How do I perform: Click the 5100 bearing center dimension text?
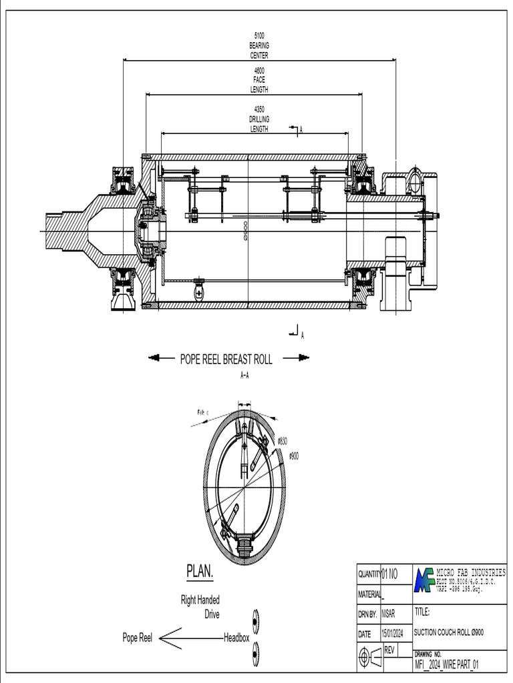(x=259, y=45)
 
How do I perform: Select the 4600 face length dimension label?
(x=259, y=80)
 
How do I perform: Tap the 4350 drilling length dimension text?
(x=259, y=119)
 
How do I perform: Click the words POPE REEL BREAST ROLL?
(x=226, y=359)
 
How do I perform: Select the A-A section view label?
(x=244, y=376)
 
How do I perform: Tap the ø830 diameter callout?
(x=283, y=441)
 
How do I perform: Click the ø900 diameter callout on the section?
(x=293, y=456)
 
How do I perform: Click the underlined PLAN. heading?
(x=200, y=572)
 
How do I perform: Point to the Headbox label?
(x=236, y=638)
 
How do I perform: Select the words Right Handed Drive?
(x=200, y=607)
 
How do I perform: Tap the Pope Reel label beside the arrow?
(x=137, y=638)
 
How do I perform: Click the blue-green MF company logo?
(x=423, y=580)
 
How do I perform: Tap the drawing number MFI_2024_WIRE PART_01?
(x=447, y=665)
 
